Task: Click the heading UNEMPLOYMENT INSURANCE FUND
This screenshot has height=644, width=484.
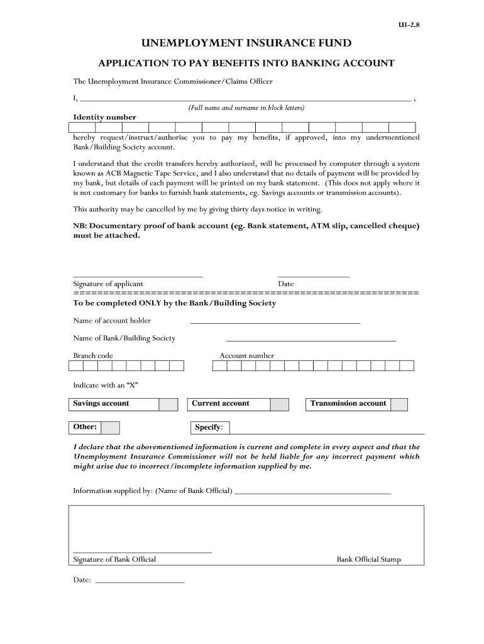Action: click(x=246, y=43)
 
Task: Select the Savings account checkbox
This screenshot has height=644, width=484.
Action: click(x=168, y=404)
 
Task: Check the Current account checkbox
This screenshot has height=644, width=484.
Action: click(x=279, y=404)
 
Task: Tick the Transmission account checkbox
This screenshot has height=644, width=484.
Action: click(x=399, y=404)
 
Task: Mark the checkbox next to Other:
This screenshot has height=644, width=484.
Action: click(x=110, y=428)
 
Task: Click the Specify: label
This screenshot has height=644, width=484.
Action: click(x=209, y=428)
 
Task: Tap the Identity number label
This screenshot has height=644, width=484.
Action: click(x=104, y=117)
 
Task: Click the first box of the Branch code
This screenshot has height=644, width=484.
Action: click(x=75, y=365)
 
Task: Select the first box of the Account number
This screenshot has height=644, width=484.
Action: click(x=219, y=365)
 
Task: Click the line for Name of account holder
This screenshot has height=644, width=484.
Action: click(x=275, y=322)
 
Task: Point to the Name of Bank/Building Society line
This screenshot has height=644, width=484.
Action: click(x=311, y=340)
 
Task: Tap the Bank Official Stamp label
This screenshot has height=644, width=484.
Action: click(x=368, y=559)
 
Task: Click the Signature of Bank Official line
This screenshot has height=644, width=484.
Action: click(x=143, y=552)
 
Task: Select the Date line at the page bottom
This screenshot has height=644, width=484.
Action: click(x=139, y=582)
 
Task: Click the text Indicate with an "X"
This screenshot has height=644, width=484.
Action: click(x=106, y=385)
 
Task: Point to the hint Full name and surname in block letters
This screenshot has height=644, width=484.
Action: click(x=246, y=108)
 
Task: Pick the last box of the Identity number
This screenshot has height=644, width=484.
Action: click(x=407, y=127)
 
